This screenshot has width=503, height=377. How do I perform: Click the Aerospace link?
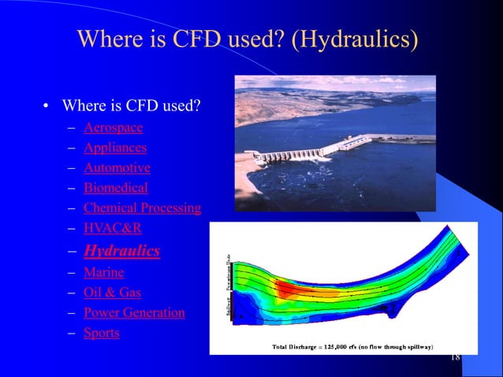(113, 126)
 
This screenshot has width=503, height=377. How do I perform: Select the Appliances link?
(114, 147)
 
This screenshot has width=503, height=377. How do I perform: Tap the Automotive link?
(117, 167)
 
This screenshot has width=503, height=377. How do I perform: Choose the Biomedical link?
(115, 188)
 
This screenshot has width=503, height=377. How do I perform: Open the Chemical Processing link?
(142, 208)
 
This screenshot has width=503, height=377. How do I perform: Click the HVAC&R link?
(112, 229)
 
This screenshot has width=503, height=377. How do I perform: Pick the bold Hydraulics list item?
(121, 251)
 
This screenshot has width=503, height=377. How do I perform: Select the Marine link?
(103, 272)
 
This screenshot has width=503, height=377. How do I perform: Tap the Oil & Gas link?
(112, 292)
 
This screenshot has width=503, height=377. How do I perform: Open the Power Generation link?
(134, 312)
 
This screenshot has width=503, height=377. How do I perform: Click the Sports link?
(101, 332)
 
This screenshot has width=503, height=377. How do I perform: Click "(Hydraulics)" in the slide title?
(355, 39)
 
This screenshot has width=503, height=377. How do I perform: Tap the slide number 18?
(454, 357)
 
